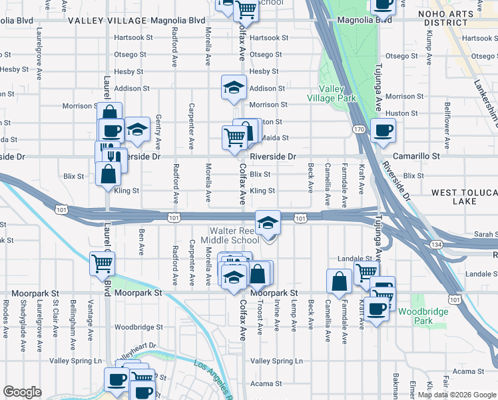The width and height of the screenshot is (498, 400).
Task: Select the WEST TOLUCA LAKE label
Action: click(463, 197)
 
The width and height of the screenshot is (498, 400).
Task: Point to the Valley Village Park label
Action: click(331, 93)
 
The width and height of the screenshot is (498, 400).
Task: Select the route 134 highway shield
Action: click(436, 245)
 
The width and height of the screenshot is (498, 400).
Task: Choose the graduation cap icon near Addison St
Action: click(234, 88)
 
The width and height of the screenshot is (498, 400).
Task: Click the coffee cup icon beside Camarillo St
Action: click(383, 130)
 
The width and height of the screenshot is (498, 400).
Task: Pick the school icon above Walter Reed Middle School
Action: click(268, 223)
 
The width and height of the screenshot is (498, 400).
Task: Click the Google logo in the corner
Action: click(22, 392)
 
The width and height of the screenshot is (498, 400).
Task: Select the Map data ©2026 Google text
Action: click(457, 395)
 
